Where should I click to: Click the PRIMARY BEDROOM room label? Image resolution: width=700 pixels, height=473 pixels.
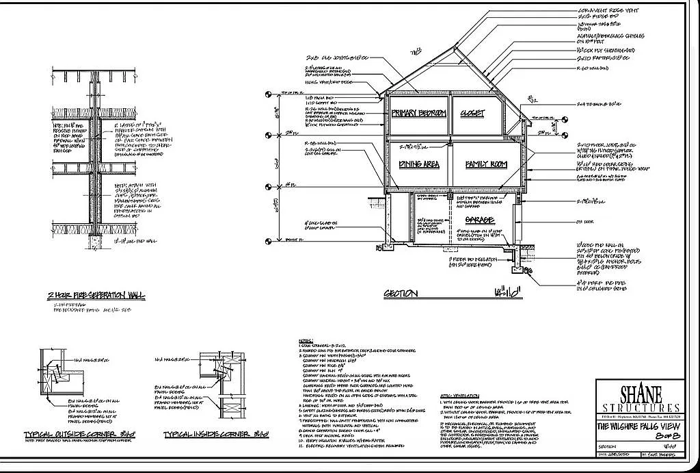pos(419,113)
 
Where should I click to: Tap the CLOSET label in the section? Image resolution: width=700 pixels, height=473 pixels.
pos(472,113)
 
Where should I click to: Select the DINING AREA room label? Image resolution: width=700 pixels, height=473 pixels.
pos(419,165)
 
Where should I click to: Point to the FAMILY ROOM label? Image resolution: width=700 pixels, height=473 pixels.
pos(486,165)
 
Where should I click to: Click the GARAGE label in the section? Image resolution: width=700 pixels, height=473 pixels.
pos(480,220)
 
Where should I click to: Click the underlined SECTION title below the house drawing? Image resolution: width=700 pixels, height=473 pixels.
pos(401,294)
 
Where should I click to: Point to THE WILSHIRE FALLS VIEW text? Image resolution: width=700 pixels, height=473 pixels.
pos(641,426)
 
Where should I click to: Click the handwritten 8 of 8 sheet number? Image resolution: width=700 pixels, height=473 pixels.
pos(641,436)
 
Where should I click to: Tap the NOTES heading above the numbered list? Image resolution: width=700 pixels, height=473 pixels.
pos(306,340)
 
